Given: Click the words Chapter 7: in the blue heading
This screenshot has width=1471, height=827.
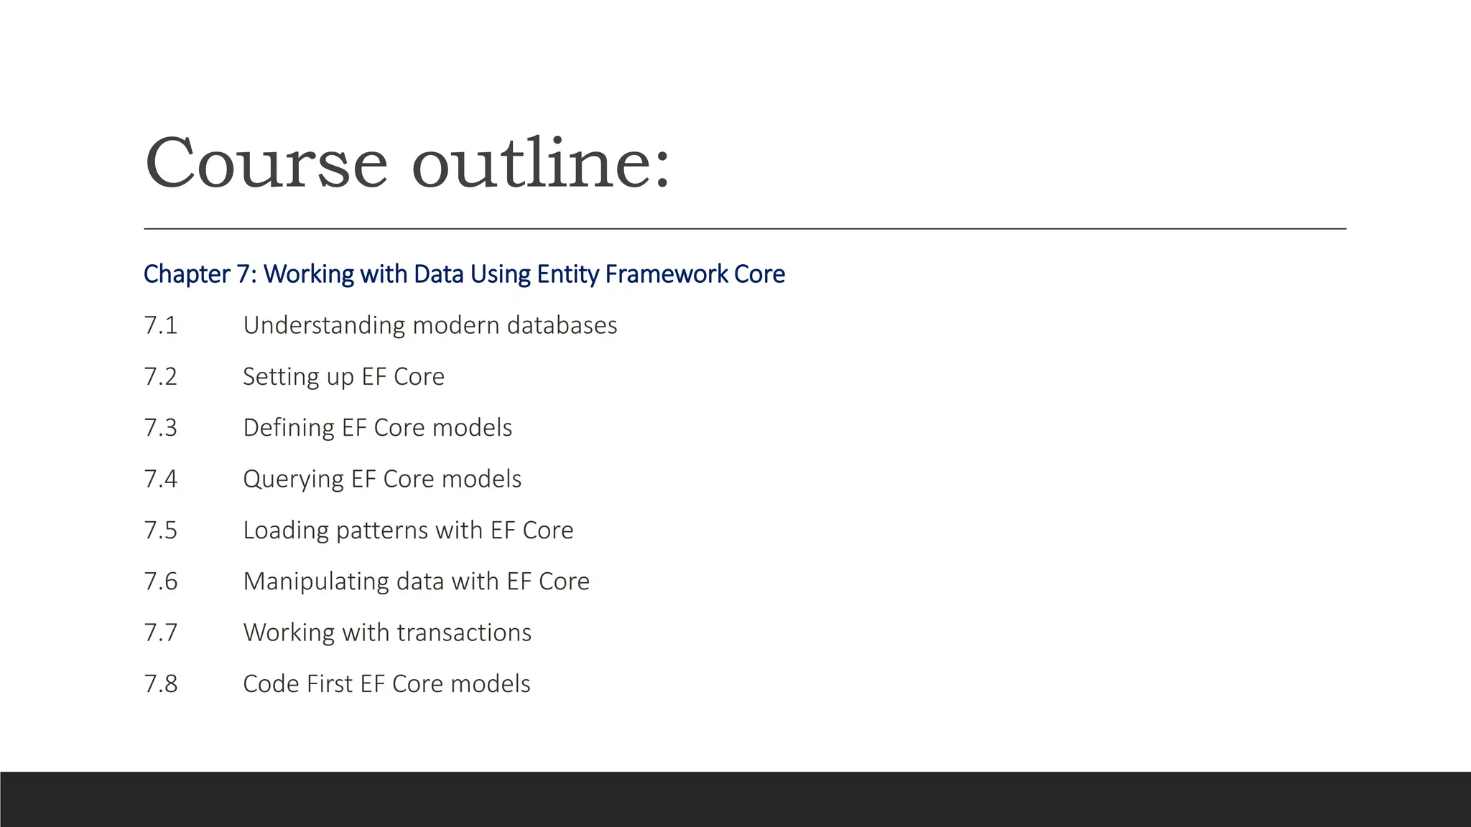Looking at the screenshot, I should [x=200, y=274].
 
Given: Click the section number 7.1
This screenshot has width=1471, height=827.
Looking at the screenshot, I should [x=160, y=325].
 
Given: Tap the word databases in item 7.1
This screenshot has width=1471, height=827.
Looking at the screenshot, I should [x=562, y=325].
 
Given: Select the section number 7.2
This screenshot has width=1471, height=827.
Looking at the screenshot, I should [x=160, y=377].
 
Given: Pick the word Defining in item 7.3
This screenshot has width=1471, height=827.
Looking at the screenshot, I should [x=289, y=428].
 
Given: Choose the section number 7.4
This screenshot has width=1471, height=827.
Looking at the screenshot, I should [x=160, y=479].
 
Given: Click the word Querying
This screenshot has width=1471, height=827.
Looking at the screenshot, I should [x=293, y=480].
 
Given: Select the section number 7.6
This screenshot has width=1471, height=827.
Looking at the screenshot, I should [x=160, y=581].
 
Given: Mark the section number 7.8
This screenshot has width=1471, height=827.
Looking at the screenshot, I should [x=160, y=684].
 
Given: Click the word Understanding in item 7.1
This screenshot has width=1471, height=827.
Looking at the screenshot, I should [x=324, y=326].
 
